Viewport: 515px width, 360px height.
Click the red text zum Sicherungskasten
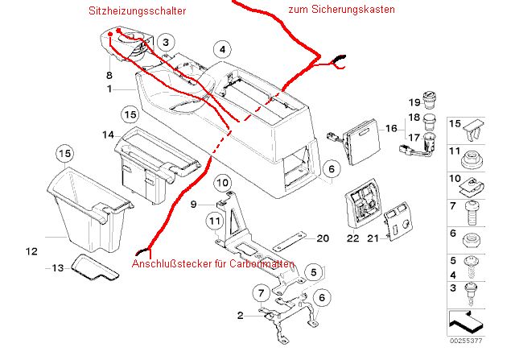(340, 10)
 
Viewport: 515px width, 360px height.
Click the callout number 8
(109, 75)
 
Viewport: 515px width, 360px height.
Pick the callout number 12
(31, 252)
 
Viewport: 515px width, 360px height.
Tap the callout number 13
(57, 267)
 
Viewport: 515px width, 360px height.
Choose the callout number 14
(108, 134)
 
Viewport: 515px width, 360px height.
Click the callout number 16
(391, 127)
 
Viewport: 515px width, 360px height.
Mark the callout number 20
(323, 238)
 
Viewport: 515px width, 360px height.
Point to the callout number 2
(240, 315)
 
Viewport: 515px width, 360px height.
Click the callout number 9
(193, 205)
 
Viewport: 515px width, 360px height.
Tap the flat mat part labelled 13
(93, 267)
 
